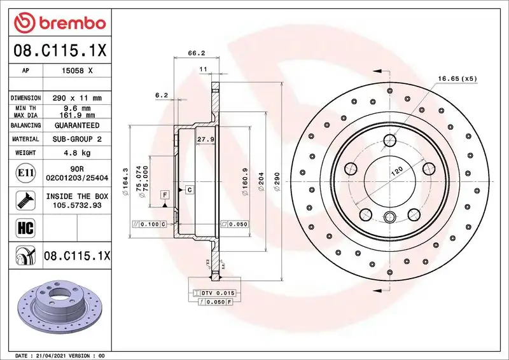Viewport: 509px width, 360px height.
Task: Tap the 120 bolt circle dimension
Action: [x=396, y=171]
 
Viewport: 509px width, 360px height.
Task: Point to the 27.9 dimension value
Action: [x=204, y=139]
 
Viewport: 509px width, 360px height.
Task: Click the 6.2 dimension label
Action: [x=161, y=95]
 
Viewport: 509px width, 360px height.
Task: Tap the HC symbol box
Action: [x=22, y=226]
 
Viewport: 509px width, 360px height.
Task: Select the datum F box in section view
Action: [x=165, y=194]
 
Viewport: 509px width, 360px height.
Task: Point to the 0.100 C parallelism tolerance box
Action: [x=149, y=225]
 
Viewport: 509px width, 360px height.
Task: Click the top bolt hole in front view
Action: [x=390, y=140]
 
